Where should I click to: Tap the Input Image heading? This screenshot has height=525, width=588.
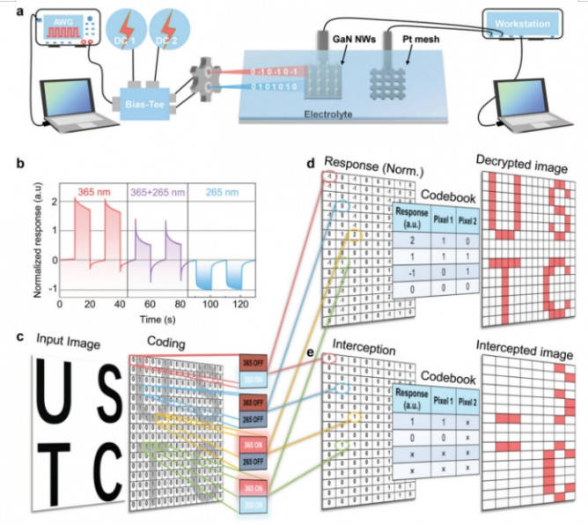click(62, 341)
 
